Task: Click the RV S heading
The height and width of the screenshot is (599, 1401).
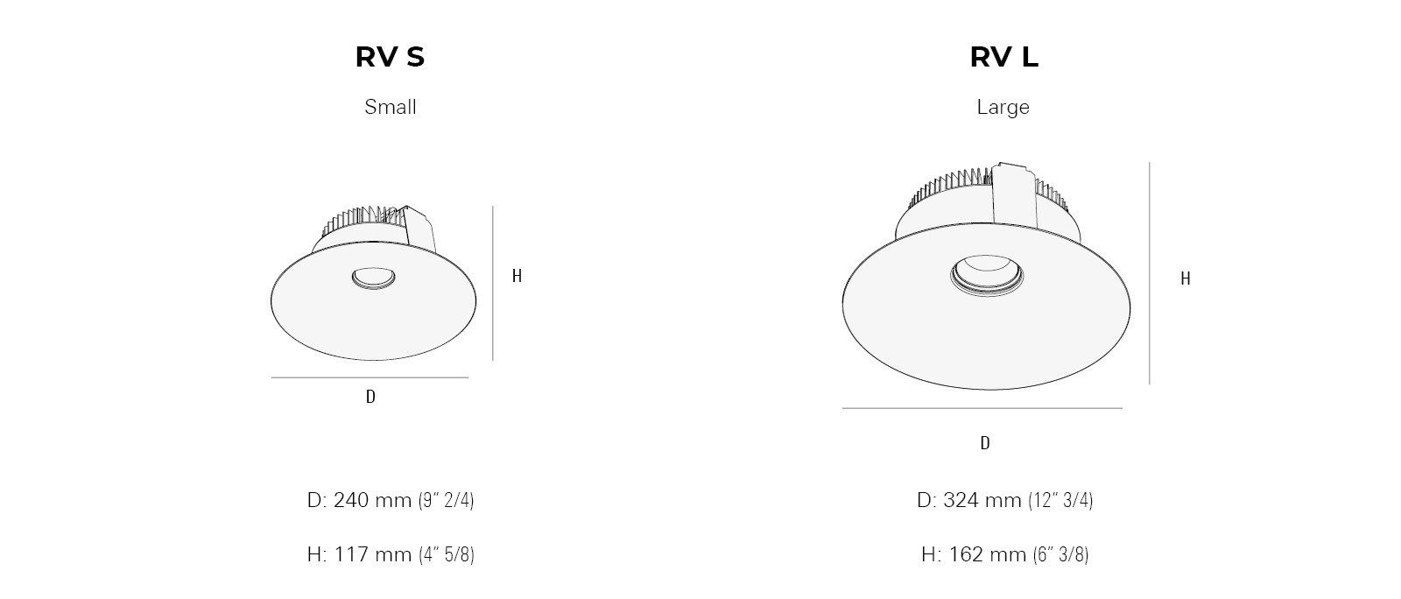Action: coord(390,57)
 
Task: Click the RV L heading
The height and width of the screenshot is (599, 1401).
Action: coord(1003,57)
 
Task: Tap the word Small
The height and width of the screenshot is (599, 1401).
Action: coord(391,107)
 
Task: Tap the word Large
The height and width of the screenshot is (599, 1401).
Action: coord(1003,108)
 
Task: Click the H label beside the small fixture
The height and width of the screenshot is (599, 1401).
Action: coord(517,276)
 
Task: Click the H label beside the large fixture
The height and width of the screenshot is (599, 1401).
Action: coord(1186,278)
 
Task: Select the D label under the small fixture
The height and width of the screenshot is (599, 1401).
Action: coord(370,397)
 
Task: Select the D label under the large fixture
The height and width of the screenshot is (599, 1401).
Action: coord(985,443)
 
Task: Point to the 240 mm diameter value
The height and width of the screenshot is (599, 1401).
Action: coord(372,500)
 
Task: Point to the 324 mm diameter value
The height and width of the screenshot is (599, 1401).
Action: coord(982,500)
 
